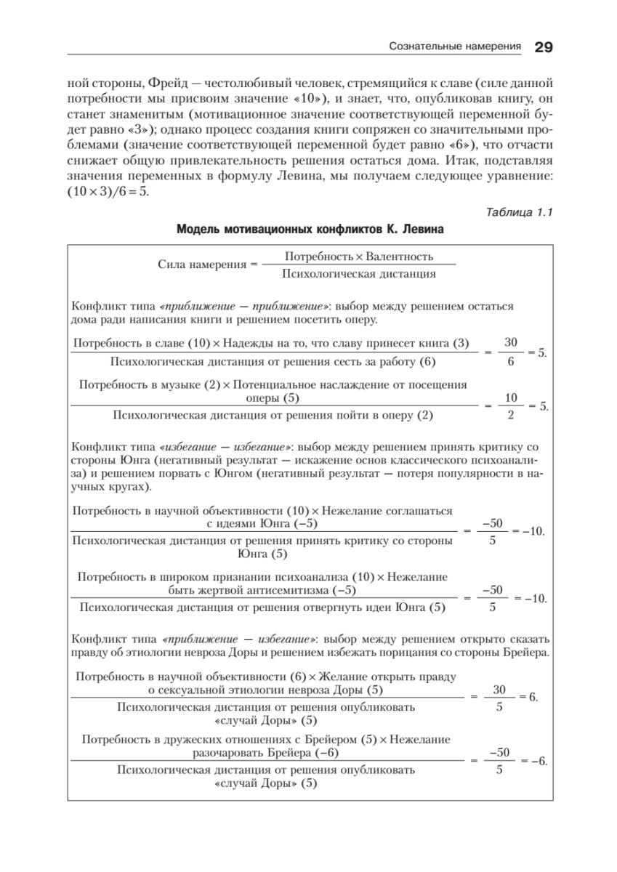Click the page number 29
[544, 47]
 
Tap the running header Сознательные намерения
[456, 47]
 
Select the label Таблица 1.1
[518, 212]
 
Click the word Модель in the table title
[198, 230]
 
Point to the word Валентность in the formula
[400, 257]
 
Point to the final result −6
[539, 761]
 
